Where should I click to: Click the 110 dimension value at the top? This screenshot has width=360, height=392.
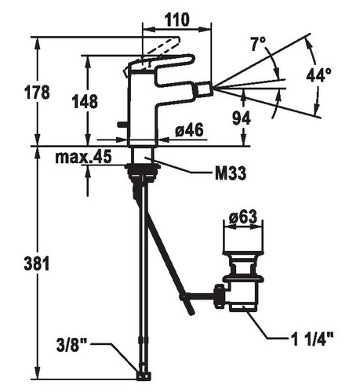pyautogui.click(x=176, y=20)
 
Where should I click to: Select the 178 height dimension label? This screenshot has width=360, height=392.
pyautogui.click(x=37, y=93)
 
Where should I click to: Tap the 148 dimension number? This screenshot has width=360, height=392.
pyautogui.click(x=85, y=101)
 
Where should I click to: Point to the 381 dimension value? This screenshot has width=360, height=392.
pyautogui.click(x=37, y=263)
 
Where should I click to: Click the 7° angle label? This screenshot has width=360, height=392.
pyautogui.click(x=258, y=44)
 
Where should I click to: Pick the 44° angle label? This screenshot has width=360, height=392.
pyautogui.click(x=318, y=75)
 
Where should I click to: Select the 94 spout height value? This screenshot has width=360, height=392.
pyautogui.click(x=242, y=118)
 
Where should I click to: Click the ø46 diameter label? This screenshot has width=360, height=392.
pyautogui.click(x=189, y=130)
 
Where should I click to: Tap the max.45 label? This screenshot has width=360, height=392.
pyautogui.click(x=83, y=157)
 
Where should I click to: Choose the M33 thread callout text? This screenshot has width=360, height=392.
pyautogui.click(x=231, y=173)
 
